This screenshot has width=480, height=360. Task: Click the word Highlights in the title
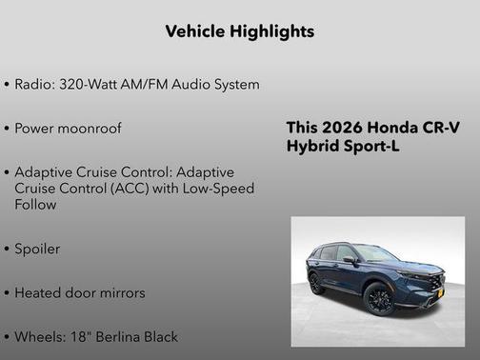(x=272, y=31)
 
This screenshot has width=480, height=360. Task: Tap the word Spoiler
(x=37, y=249)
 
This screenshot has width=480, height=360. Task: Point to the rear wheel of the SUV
(x=317, y=283)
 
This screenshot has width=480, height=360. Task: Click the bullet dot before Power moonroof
(x=8, y=128)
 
